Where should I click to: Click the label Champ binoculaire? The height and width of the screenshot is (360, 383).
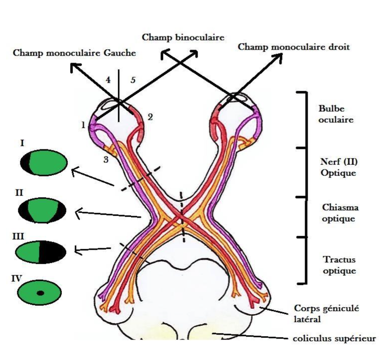coord(183,38)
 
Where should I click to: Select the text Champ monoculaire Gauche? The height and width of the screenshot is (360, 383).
coord(74,53)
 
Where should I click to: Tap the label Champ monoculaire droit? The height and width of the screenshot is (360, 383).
coord(294,47)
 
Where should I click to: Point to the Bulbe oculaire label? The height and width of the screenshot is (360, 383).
coord(336,114)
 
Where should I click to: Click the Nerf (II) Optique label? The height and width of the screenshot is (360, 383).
coord(338,167)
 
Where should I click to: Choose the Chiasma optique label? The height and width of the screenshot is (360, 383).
coord(340,213)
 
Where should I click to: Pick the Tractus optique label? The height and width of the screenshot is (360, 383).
coord(339,265)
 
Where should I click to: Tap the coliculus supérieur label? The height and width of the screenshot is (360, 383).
coord(334,339)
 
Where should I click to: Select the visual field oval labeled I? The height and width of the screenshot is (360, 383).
coord(44,163)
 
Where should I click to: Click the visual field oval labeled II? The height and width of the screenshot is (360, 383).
coord(42,211)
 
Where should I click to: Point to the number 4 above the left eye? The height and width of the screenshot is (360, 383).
coord(108,80)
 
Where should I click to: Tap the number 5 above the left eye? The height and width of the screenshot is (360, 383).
coord(133,80)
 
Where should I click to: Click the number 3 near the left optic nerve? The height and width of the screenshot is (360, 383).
coord(106,159)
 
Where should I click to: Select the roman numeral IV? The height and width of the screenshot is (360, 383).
coord(17,279)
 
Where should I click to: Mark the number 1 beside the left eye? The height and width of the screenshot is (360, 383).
coord(83,125)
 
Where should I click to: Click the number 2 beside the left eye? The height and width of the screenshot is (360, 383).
coord(150,117)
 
